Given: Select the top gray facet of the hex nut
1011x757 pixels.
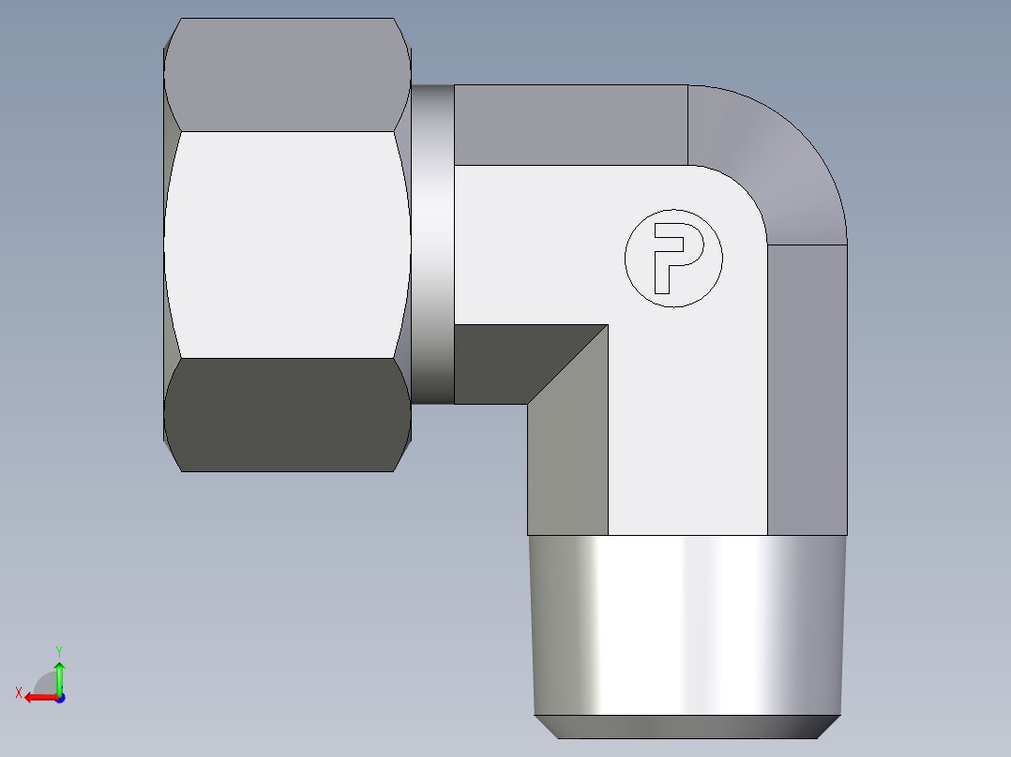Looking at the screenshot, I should (x=287, y=75).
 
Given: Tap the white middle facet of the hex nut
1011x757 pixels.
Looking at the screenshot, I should (x=287, y=244).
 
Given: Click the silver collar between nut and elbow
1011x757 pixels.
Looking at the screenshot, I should (x=432, y=244).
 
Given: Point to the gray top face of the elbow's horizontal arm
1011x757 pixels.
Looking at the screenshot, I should (x=570, y=125).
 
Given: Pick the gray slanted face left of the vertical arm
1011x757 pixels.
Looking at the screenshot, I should (x=567, y=450).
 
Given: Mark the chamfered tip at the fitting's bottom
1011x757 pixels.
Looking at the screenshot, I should (x=685, y=727).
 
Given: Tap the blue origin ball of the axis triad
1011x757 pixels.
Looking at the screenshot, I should (x=59, y=697).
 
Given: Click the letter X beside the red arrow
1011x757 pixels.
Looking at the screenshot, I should (x=18, y=693).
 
